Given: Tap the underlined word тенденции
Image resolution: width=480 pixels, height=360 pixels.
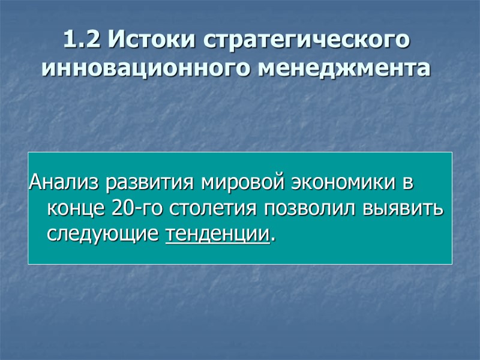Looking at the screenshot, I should click(x=217, y=234).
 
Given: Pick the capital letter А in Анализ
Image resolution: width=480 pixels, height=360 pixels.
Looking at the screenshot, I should click(x=35, y=181).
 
